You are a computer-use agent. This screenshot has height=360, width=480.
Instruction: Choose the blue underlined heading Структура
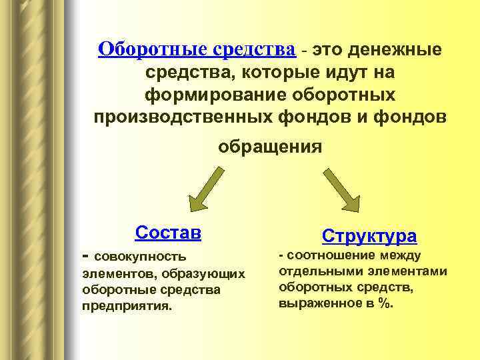pyautogui.click(x=369, y=235)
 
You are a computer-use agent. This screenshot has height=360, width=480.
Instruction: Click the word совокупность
pyautogui.click(x=140, y=257)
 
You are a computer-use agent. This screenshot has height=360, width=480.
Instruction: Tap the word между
pyautogui.click(x=401, y=255)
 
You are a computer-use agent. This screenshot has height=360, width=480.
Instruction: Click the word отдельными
pyautogui.click(x=317, y=271)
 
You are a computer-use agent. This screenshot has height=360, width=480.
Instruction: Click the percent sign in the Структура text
pyautogui.click(x=385, y=303)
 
